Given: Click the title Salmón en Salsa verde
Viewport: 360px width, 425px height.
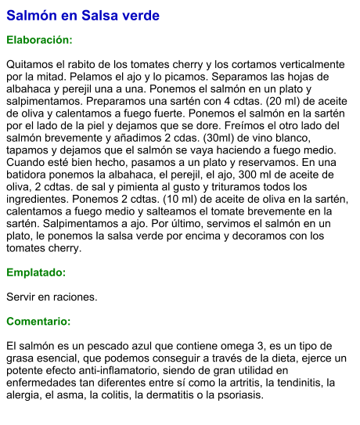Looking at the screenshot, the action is [x=83, y=16].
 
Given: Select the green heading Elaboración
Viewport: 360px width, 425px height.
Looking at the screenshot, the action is [x=39, y=40].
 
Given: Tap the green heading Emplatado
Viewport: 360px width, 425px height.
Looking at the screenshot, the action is [x=36, y=273].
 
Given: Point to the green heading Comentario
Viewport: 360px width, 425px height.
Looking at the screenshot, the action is [x=38, y=322].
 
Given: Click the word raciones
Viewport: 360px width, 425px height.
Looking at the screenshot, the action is [x=72, y=297].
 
